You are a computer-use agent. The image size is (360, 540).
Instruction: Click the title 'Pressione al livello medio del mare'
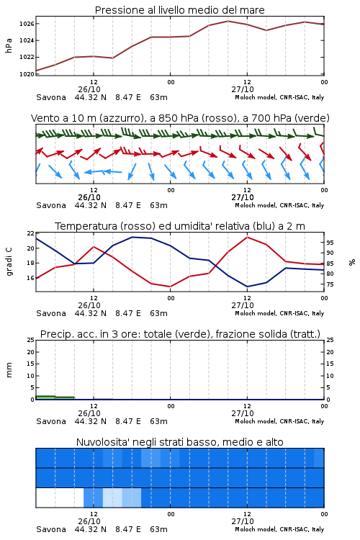(x=179, y=10)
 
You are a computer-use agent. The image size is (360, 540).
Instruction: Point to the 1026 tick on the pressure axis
(x=27, y=24)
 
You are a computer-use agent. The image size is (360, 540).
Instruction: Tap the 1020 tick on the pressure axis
(x=27, y=73)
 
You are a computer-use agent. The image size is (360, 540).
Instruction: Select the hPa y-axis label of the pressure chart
(x=9, y=45)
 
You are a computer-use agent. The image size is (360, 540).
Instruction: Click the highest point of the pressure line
(x=228, y=21)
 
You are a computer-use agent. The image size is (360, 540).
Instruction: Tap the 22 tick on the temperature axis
(x=31, y=233)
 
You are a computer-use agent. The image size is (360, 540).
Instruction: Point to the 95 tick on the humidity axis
(x=330, y=243)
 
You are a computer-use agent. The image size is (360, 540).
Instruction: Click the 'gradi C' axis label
(x=9, y=262)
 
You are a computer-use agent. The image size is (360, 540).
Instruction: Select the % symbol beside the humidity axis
(x=352, y=262)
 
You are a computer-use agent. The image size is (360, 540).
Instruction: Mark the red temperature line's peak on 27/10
(x=247, y=237)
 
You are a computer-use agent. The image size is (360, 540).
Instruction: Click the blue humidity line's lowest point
(x=247, y=287)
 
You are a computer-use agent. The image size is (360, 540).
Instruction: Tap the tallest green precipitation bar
(x=45, y=397)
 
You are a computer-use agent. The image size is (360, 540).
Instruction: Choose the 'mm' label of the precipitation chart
(x=9, y=370)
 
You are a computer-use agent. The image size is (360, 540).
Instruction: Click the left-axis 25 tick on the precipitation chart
(x=31, y=340)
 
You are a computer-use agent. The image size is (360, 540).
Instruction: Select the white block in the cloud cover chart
(x=60, y=498)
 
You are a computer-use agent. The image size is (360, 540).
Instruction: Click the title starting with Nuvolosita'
(x=179, y=442)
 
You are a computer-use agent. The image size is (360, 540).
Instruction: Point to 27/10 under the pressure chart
(x=243, y=89)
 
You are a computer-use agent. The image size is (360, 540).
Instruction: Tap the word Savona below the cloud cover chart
(x=51, y=529)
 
